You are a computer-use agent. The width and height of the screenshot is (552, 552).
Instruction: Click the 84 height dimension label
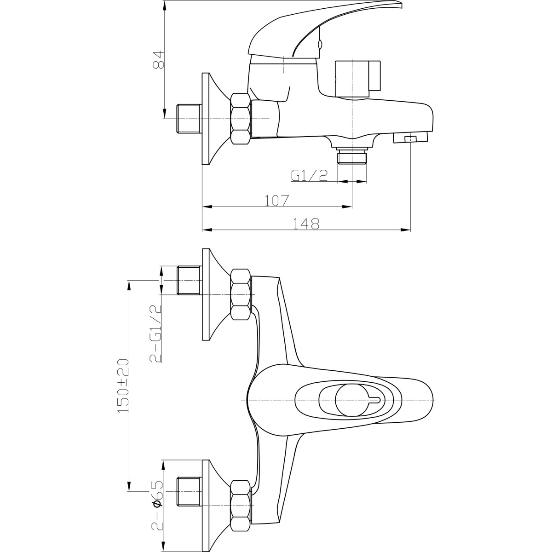click(x=158, y=60)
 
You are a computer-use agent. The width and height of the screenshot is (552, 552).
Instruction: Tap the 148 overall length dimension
click(x=306, y=224)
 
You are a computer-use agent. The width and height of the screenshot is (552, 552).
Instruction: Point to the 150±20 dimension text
click(x=123, y=385)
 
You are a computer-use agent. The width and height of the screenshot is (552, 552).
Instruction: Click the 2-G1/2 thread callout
click(x=155, y=333)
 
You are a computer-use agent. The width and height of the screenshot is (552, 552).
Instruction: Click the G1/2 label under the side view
click(x=309, y=176)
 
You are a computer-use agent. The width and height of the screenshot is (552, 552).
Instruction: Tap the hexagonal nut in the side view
click(x=241, y=119)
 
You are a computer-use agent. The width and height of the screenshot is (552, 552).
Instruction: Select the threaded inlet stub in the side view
click(x=189, y=118)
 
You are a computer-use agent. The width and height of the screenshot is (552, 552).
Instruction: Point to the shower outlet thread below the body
click(x=352, y=155)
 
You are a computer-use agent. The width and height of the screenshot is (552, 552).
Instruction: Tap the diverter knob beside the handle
click(x=358, y=79)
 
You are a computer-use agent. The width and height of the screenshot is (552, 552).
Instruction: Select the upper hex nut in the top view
click(x=241, y=294)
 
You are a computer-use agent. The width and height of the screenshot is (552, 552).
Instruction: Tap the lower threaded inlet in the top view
click(x=189, y=492)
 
